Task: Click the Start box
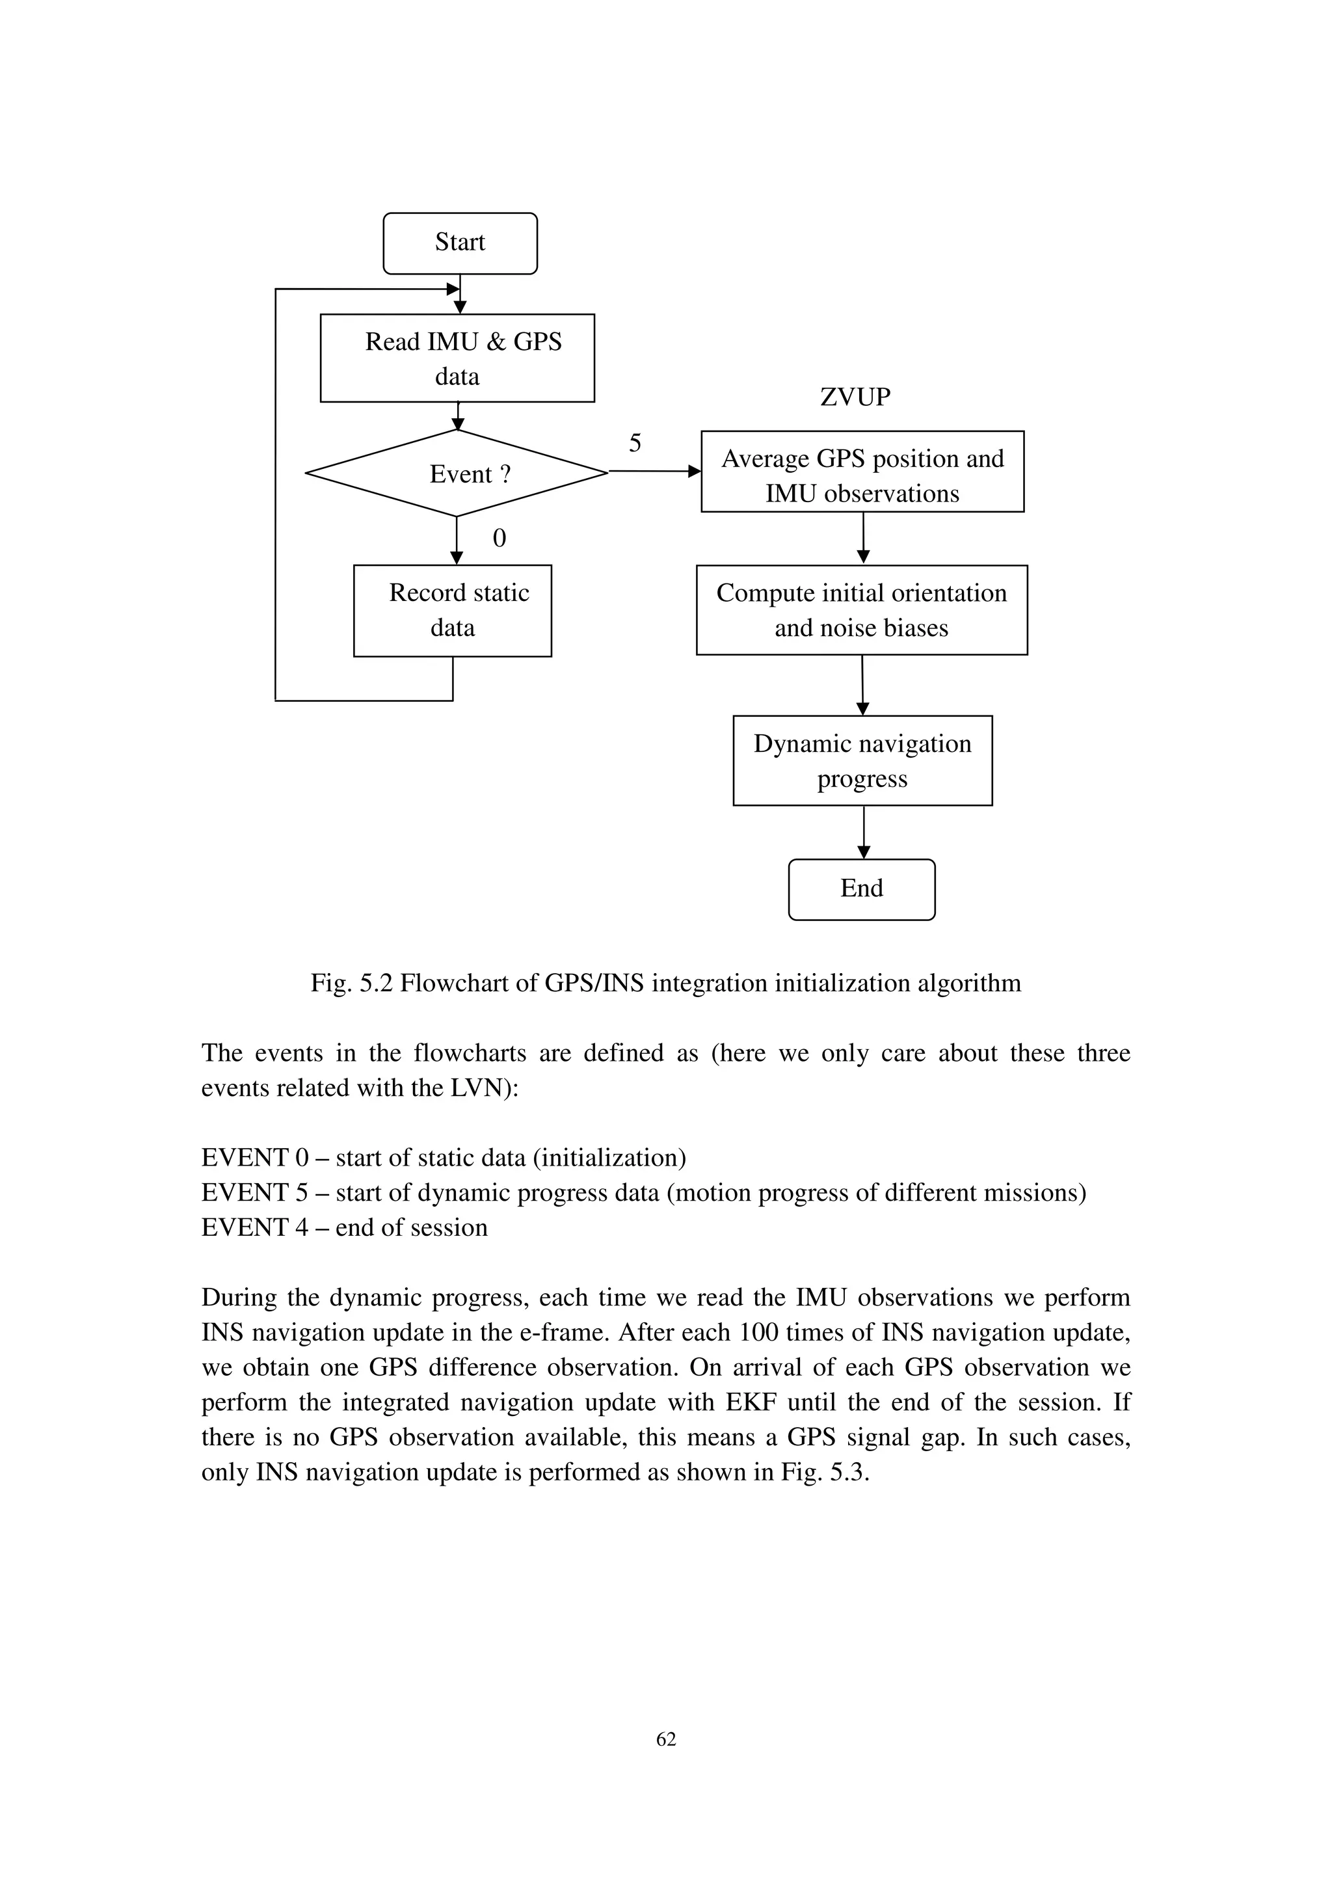460,243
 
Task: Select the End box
861,889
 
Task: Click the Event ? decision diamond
457,474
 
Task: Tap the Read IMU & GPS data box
457,358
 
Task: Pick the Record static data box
452,610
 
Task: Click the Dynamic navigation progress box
862,760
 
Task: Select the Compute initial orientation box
861,610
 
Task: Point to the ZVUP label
855,397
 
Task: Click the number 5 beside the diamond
634,444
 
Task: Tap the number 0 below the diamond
499,539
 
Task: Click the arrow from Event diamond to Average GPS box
654,471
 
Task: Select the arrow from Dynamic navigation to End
863,832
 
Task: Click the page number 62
665,1739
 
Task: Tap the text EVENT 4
254,1227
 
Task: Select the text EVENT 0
254,1158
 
